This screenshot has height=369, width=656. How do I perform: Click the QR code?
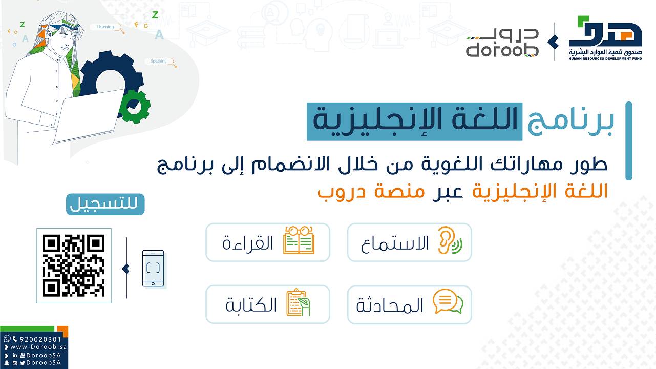pyautogui.click(x=74, y=265)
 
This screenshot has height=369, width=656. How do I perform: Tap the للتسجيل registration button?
pyautogui.click(x=105, y=204)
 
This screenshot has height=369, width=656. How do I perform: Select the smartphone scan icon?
pyautogui.click(x=153, y=268)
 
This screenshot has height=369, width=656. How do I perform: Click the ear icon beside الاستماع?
pyautogui.click(x=450, y=240)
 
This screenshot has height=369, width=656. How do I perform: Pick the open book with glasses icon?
pyautogui.click(x=299, y=240)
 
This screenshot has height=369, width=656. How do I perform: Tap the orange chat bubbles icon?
pyautogui.click(x=448, y=301)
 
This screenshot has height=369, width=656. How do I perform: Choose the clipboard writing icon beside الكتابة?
pyautogui.click(x=298, y=302)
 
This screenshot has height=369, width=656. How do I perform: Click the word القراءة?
pyautogui.click(x=248, y=243)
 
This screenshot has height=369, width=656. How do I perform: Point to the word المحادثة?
pyautogui.click(x=390, y=305)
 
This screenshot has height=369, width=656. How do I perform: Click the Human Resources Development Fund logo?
pyautogui.click(x=605, y=38)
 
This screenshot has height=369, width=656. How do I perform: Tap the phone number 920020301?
pyautogui.click(x=40, y=339)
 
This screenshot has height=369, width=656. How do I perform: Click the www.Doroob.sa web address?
pyautogui.click(x=38, y=347)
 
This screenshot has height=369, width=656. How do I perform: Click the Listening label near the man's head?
pyautogui.click(x=105, y=27)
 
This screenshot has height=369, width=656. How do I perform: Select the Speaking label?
pyautogui.click(x=158, y=61)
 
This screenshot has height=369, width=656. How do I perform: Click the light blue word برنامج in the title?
pyautogui.click(x=570, y=121)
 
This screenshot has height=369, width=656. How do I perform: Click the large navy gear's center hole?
pyautogui.click(x=111, y=83)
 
